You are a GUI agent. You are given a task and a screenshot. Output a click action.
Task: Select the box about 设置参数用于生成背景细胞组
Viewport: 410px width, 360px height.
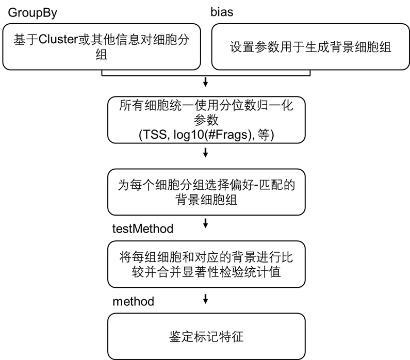(x=311, y=47)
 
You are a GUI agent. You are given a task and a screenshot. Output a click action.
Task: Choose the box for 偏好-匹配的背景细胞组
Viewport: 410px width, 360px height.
(x=206, y=192)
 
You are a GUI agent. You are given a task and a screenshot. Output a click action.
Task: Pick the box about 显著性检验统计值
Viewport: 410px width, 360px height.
(x=206, y=265)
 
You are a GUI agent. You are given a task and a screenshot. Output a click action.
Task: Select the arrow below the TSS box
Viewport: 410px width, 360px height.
(x=206, y=153)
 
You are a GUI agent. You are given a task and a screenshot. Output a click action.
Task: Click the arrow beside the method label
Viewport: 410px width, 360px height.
(x=206, y=299)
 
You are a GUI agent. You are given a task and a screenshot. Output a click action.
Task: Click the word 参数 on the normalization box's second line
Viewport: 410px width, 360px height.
(x=206, y=120)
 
